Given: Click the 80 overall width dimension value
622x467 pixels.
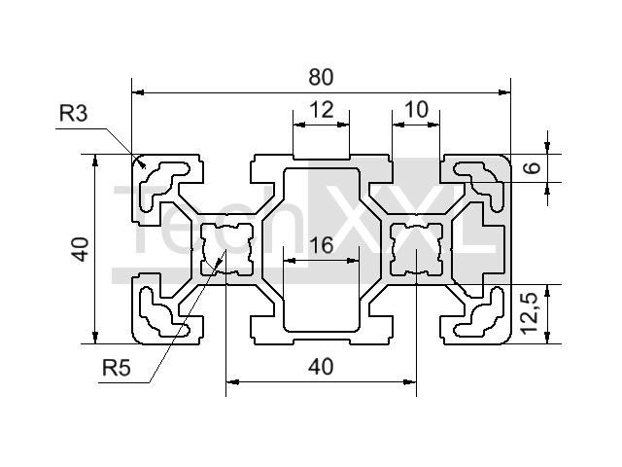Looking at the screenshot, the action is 321,77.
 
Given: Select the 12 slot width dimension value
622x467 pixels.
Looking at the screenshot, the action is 322,110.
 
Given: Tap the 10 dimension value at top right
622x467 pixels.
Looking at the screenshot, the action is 416,109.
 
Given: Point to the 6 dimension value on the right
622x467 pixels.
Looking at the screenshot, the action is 533,166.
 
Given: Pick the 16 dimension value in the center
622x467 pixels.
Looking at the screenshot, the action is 321,245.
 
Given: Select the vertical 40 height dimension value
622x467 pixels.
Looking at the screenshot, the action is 81,249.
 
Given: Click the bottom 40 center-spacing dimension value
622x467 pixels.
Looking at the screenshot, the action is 321,367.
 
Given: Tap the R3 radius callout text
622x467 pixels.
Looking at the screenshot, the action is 74,113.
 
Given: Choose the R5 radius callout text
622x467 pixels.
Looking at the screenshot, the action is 117,368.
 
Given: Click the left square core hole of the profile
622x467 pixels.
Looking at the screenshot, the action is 226,249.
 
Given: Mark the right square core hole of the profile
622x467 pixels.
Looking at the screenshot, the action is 416,249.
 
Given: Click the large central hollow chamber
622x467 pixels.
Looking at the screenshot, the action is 322,249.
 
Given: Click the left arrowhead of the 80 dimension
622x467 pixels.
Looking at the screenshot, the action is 137,92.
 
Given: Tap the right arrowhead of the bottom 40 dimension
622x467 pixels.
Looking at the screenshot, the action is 410,382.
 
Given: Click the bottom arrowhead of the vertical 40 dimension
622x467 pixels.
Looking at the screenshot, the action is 95,338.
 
